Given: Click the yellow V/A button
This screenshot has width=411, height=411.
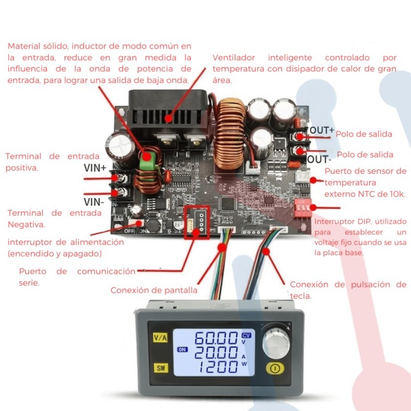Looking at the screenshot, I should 160,337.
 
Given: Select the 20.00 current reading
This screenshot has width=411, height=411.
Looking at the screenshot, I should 214,352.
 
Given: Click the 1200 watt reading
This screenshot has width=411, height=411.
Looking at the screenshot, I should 214,366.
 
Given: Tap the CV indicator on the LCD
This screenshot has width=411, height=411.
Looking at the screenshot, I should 247,335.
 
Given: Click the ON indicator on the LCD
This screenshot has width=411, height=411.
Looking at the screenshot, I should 182,349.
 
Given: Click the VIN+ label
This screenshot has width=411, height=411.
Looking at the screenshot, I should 95,168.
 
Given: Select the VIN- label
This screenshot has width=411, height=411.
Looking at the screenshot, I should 94,202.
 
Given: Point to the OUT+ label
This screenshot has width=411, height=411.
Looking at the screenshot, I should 322,131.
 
